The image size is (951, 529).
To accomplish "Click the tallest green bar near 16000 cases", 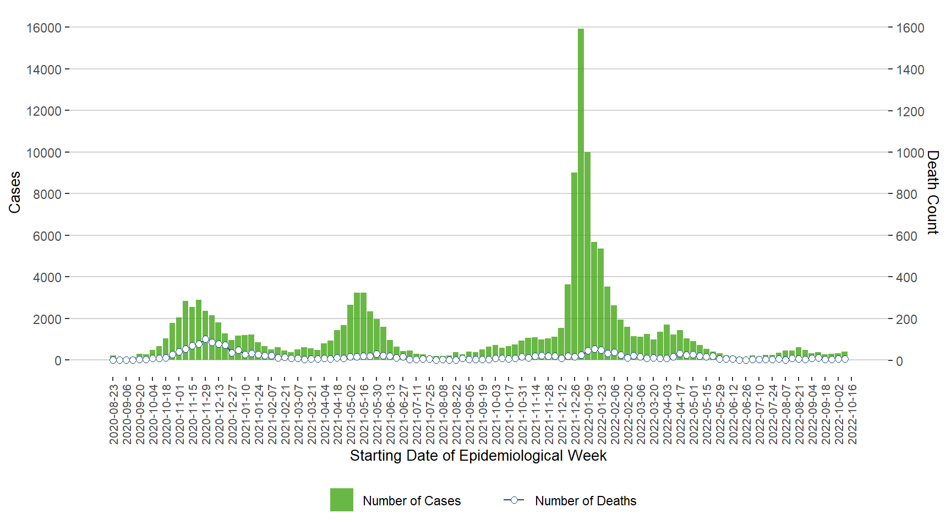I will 581,193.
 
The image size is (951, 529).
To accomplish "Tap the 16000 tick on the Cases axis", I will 44,28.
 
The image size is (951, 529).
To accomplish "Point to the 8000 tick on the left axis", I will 47,195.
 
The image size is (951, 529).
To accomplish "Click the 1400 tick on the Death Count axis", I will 910,70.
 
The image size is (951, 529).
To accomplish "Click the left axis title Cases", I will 15,192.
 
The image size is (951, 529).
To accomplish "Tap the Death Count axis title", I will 932,192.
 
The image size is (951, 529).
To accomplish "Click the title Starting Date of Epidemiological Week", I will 478,456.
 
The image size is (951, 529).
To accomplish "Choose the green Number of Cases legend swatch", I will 341,500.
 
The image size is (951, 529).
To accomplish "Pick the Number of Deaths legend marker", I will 514,500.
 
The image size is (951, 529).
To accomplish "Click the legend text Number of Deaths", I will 586,501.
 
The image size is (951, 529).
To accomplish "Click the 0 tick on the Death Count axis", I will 900,361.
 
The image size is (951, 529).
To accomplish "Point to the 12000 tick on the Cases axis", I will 44,111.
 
